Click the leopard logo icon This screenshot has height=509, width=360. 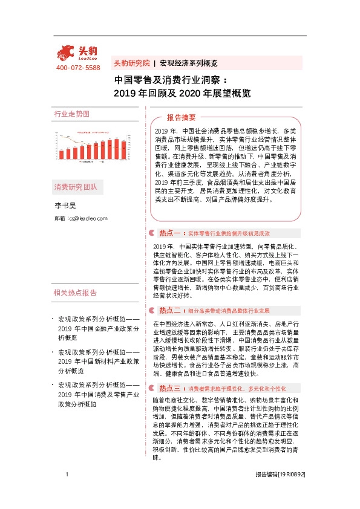click(x=66, y=51)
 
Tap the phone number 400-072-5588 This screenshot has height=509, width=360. click(x=78, y=68)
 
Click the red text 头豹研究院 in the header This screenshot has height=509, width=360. click(x=132, y=63)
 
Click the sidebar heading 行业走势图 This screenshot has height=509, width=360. click(x=72, y=114)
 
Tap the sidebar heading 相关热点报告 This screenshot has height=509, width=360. click(x=75, y=293)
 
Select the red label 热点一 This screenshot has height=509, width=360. click(x=171, y=233)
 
